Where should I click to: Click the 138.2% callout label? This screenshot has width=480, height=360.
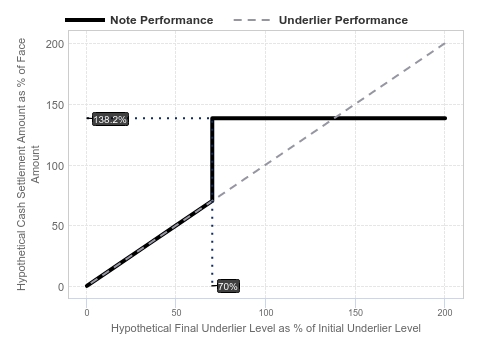click(110, 119)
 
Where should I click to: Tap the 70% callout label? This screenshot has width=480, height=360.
click(228, 286)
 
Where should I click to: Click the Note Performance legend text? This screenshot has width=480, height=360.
click(162, 20)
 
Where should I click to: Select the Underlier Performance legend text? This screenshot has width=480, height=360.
click(343, 20)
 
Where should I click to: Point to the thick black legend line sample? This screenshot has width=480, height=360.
click(85, 20)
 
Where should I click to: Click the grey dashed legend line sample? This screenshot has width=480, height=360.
click(252, 20)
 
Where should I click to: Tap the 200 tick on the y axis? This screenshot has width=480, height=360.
click(55, 44)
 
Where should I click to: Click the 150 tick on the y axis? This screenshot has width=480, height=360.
click(55, 105)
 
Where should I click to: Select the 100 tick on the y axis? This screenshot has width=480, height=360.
click(55, 166)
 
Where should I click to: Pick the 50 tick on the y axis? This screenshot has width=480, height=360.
click(58, 226)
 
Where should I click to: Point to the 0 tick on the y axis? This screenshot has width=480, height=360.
click(61, 287)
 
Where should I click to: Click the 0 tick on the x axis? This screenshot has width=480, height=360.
click(87, 313)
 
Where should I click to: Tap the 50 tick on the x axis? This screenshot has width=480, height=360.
click(176, 313)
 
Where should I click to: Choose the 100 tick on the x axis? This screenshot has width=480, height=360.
click(266, 313)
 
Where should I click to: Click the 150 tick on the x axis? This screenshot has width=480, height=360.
click(355, 313)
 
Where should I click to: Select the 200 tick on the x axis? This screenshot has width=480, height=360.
click(445, 313)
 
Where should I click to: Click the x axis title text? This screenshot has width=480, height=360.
click(266, 328)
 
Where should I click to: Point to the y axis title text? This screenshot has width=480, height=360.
click(28, 164)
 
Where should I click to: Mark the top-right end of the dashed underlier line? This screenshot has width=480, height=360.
click(445, 44)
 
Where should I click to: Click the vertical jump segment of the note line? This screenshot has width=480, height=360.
click(212, 159)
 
